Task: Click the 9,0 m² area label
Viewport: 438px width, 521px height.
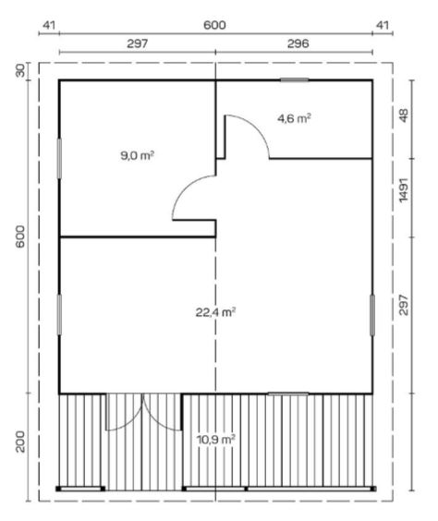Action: (137, 156)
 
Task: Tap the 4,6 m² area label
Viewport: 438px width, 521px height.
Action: (295, 117)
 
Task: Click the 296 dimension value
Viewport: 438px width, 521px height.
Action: (298, 42)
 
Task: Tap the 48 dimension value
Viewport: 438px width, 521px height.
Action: (404, 117)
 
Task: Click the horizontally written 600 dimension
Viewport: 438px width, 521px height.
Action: (214, 25)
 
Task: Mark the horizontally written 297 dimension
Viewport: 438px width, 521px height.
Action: (138, 42)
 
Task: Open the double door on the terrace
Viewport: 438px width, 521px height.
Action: (143, 413)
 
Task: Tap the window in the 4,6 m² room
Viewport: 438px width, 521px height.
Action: (294, 80)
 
